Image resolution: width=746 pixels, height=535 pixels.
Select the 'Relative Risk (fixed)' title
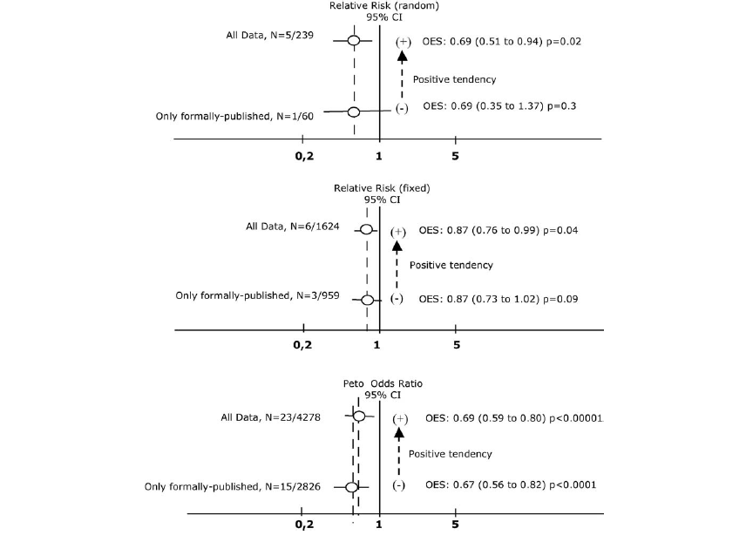pos(382,187)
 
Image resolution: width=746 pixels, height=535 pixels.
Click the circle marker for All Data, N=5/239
pos(354,41)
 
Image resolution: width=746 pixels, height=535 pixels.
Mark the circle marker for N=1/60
pos(354,112)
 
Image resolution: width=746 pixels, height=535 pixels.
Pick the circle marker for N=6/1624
pos(367,231)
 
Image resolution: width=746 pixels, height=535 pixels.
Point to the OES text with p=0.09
pos(498,299)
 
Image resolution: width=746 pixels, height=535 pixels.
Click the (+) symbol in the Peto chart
pos(400,419)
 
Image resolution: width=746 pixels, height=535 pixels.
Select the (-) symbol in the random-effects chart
pos(402,108)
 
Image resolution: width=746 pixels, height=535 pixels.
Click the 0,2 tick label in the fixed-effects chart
pos(302,345)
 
